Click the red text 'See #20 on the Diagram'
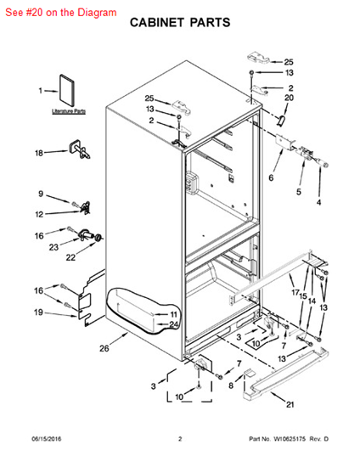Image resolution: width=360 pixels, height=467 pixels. pos(61,13)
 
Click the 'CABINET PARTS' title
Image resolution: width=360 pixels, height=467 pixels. pos(180,23)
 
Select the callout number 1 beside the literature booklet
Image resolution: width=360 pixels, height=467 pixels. pos(41,90)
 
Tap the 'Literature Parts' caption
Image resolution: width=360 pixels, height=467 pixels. pos(69,111)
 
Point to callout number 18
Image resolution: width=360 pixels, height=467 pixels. pos(39,153)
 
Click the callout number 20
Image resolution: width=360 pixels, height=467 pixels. pos(289,98)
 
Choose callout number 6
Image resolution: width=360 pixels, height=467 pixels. pos(271,177)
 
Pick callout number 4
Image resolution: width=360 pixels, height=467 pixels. pos(319,202)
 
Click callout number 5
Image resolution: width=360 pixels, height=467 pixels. pos(299,192)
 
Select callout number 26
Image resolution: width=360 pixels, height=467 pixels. pos(104,348)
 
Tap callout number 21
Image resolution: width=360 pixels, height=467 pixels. pos(290,404)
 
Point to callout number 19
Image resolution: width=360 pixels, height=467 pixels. pos(38,312)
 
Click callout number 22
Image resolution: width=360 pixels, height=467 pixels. pos(70,257)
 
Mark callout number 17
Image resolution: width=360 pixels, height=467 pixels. pos(295,292)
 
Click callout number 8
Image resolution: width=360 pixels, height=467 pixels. pos(231,385)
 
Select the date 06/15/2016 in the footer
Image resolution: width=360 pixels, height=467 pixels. pos(47,439)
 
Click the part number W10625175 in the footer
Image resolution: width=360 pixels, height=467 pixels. pos(285,439)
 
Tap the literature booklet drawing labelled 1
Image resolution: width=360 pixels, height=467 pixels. pos(67,90)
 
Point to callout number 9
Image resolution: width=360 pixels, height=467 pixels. pos(41,194)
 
